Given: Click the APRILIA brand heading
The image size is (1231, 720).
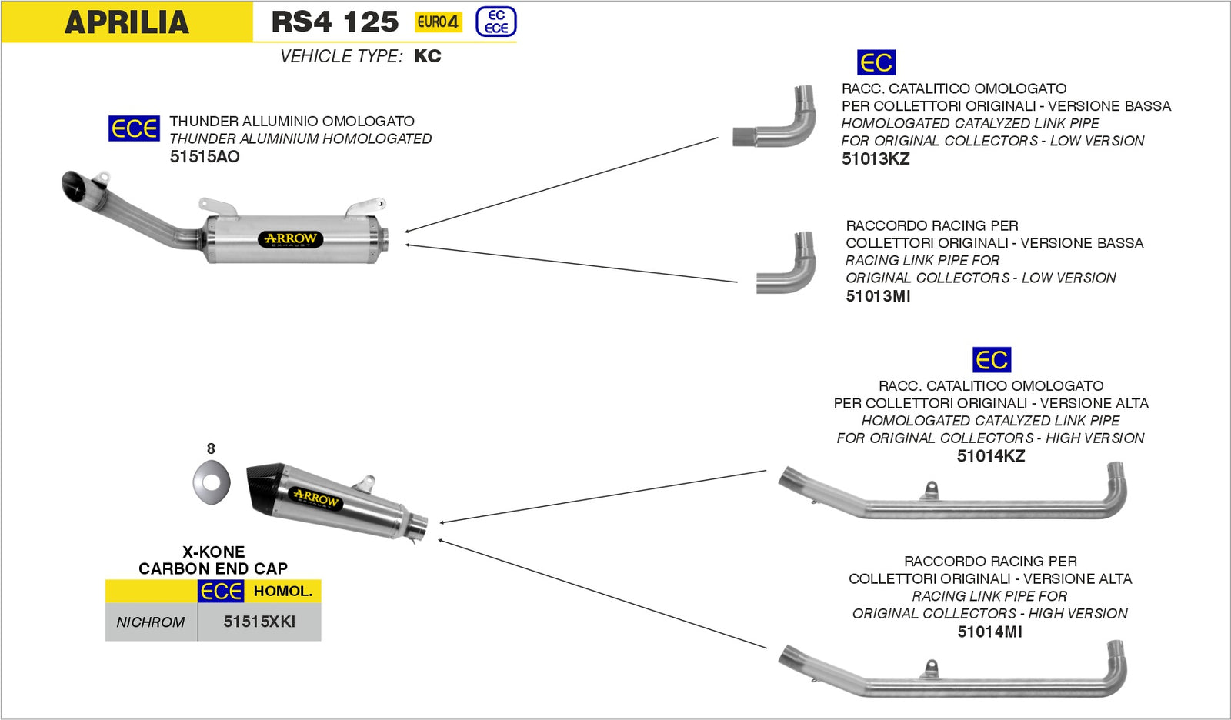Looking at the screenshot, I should tap(127, 22).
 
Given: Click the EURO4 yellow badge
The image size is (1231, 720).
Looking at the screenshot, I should tap(438, 22).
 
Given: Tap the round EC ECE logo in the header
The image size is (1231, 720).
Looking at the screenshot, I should tap(496, 22).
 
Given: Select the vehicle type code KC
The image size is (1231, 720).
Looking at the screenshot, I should tap(427, 56).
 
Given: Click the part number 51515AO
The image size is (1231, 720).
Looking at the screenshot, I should tap(205, 157).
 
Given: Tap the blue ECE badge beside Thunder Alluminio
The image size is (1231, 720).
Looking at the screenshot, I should tap(134, 128).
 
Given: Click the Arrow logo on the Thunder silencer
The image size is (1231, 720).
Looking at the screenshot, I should tap(290, 239).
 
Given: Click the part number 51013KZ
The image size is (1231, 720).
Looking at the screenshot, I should tap(876, 159).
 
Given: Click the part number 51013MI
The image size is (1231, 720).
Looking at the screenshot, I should tap(878, 296).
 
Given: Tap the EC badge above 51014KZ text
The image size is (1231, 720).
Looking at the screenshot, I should tap(992, 360).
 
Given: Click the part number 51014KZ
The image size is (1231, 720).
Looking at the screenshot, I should tap(991, 456).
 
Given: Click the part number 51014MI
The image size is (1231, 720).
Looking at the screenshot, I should tap(989, 632).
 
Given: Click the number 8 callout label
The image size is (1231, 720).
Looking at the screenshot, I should tap(211, 448).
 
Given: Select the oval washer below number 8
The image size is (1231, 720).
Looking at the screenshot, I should tap(212, 483).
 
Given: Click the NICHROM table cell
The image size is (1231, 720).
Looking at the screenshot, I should tap(151, 622).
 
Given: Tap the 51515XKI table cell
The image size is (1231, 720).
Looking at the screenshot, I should tap(259, 622).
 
